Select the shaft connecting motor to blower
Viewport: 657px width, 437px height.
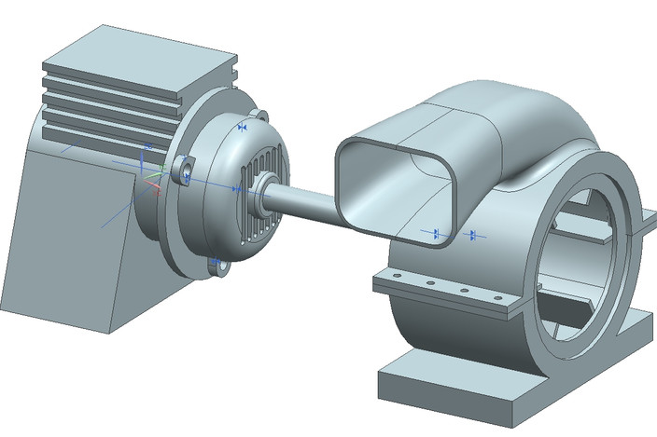pos(303,198)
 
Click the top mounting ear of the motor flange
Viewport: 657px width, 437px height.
pos(261,116)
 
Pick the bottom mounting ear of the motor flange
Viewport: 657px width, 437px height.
pos(222,269)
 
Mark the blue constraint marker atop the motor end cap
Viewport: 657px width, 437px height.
pos(243,126)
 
